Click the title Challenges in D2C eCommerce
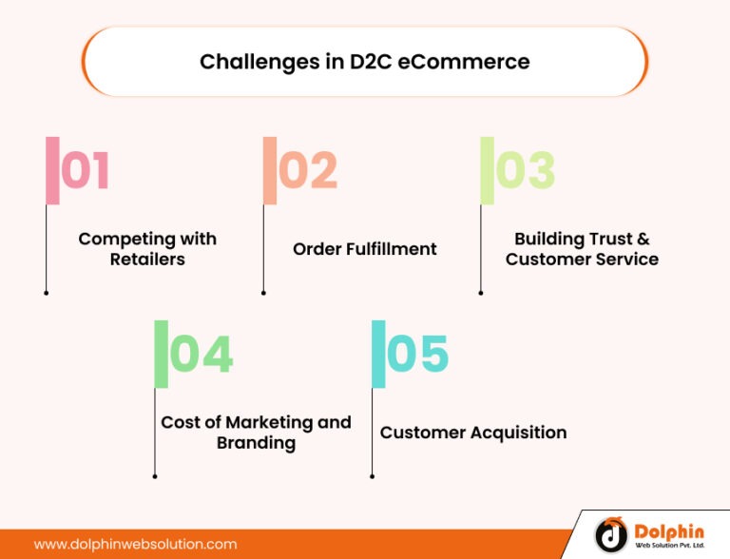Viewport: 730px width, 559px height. click(x=364, y=62)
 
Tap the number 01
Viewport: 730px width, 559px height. click(x=86, y=171)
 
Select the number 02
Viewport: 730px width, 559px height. click(x=308, y=171)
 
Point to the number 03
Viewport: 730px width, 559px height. click(x=525, y=171)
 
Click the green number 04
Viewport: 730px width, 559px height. click(x=201, y=355)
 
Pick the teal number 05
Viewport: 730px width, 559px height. click(x=417, y=355)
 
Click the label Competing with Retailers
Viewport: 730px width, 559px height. click(x=147, y=248)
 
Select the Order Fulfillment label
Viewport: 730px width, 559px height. click(x=364, y=249)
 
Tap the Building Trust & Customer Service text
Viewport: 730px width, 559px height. click(x=582, y=248)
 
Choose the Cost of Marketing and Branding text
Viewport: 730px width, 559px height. click(x=256, y=432)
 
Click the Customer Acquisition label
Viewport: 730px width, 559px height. click(x=473, y=433)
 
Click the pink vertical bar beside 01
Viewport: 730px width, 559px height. click(x=52, y=170)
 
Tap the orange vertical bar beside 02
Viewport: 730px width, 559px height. click(x=270, y=170)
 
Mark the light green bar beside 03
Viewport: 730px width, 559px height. click(x=487, y=170)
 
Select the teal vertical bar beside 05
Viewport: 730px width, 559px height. click(x=378, y=354)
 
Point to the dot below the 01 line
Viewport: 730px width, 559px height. click(x=46, y=293)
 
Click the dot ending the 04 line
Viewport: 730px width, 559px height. click(x=154, y=476)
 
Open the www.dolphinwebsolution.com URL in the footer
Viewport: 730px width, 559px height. click(x=135, y=545)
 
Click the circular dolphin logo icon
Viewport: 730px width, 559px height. click(x=611, y=535)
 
